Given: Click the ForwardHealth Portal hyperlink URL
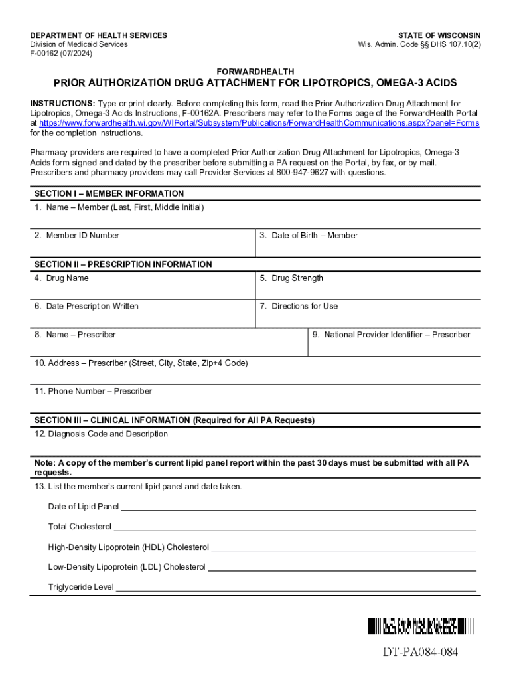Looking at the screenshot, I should [259, 123].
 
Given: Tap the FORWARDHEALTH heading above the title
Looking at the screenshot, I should [256, 72].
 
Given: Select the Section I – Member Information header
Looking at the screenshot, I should [110, 193].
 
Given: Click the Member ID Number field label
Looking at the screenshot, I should [77, 236].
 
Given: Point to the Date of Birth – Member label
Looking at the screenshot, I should [309, 236].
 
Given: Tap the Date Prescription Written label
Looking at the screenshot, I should [86, 306].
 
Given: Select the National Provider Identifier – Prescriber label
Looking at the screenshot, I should [391, 335].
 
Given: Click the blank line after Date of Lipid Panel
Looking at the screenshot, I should [298, 508].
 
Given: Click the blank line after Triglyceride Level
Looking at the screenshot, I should [296, 588].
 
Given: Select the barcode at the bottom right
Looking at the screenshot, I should [421, 626].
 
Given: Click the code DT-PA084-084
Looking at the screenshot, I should [420, 652].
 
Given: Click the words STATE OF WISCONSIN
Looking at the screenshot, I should [439, 35].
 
